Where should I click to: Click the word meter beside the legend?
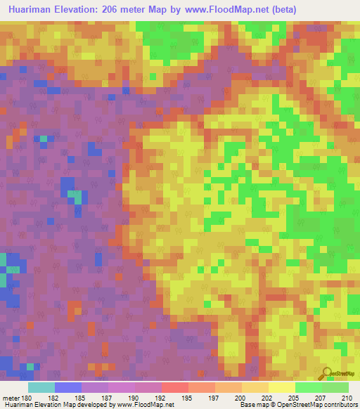coord(11,397)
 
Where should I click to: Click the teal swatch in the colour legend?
coord(41,387)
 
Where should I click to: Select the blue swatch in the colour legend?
coord(67,387)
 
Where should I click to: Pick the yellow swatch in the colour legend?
coord(282,387)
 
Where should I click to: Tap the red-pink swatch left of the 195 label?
coord(174,387)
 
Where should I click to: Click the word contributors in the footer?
coord(340,405)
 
